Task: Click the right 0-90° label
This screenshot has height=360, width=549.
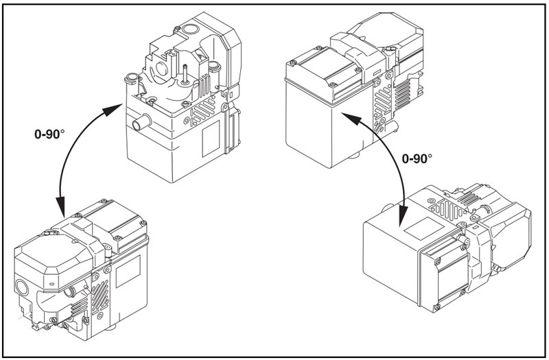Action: (416, 158)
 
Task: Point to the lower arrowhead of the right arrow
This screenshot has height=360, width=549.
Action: (402, 215)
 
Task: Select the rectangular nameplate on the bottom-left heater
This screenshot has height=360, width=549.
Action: (127, 272)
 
